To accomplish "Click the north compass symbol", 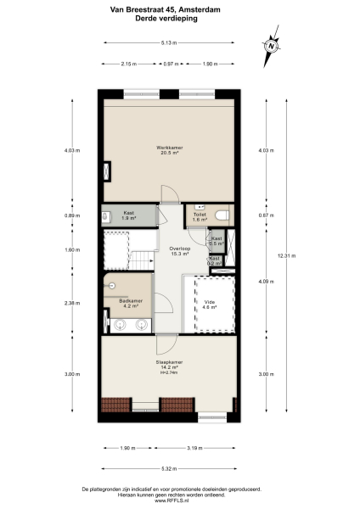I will coord(273,46).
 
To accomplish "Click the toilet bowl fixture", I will coord(222,215).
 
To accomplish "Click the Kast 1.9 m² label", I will coord(129,215).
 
